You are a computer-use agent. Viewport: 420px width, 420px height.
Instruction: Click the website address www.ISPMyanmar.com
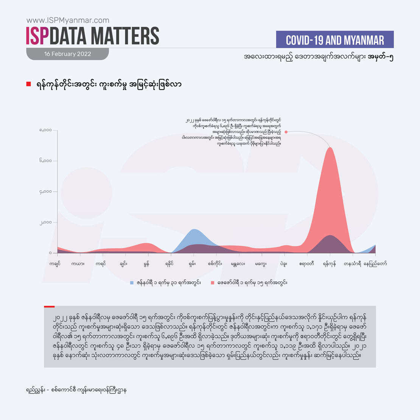[68, 20]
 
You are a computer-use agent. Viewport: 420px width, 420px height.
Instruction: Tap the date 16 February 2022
[68, 54]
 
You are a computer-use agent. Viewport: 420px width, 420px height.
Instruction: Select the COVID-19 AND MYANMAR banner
[335, 40]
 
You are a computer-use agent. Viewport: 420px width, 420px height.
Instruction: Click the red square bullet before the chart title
[28, 84]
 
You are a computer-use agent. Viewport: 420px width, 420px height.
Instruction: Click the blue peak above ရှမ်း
[194, 230]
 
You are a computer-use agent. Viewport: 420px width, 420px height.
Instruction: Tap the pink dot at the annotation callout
[286, 132]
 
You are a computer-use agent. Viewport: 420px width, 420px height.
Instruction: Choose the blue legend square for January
[132, 283]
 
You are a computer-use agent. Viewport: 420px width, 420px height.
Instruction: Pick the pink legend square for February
[213, 283]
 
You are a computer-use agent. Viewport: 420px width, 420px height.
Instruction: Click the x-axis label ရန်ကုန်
[330, 264]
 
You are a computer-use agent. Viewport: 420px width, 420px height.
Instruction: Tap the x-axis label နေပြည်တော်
[375, 264]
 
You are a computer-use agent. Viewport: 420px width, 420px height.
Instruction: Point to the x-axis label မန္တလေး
[238, 264]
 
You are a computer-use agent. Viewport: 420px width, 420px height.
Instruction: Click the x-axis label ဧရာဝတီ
[306, 264]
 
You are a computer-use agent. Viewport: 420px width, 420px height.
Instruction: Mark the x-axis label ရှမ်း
[194, 264]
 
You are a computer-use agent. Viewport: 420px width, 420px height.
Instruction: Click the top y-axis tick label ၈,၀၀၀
[45, 131]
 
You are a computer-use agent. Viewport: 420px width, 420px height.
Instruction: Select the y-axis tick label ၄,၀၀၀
[45, 192]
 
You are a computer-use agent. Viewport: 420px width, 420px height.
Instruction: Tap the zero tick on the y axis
[50, 253]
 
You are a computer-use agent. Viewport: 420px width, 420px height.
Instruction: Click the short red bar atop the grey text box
[49, 306]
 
